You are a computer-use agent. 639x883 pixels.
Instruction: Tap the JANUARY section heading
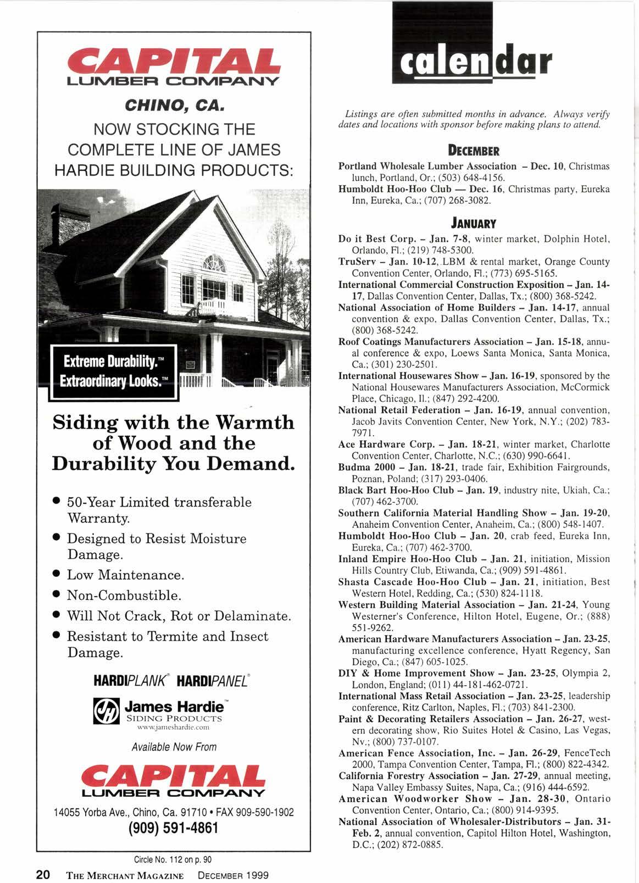[x=474, y=224]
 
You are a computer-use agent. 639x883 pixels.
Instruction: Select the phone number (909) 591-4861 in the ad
[x=174, y=827]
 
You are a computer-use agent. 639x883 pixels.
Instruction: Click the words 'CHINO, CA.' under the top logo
[x=174, y=103]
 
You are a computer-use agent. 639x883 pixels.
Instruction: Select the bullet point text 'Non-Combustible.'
[x=124, y=596]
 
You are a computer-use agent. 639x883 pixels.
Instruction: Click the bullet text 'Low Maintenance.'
[x=125, y=575]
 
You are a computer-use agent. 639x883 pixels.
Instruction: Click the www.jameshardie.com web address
[x=174, y=727]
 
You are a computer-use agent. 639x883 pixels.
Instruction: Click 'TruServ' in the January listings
[x=356, y=262]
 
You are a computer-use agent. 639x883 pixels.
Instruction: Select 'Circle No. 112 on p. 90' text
[x=173, y=859]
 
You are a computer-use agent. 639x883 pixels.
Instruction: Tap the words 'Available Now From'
[x=174, y=747]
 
